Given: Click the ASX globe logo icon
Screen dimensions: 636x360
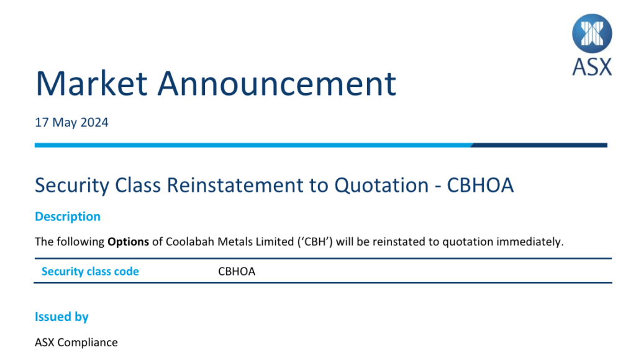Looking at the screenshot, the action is (592, 34).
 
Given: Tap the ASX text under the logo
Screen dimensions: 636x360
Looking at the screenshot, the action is (592, 67).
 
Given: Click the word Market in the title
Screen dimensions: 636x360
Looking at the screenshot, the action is (92, 84).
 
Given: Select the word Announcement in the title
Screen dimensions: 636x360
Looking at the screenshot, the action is (276, 84).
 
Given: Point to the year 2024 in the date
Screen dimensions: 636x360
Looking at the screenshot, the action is (94, 122).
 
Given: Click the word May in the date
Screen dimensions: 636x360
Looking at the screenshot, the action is (65, 123).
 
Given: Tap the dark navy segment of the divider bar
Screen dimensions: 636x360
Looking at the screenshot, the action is (539, 145).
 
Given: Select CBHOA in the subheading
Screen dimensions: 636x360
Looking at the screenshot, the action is (480, 185).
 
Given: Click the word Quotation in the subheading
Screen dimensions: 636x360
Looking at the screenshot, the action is (381, 185).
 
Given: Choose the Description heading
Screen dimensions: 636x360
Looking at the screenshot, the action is (68, 217).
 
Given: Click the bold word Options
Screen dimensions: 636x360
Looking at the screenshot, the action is (128, 242).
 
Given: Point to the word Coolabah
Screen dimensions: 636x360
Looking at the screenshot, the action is (190, 241).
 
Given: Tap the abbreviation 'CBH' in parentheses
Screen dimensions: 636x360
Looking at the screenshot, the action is (315, 241).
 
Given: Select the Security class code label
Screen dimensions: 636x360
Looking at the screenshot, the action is (90, 271).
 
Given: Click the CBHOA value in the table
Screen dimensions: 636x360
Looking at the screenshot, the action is (237, 271).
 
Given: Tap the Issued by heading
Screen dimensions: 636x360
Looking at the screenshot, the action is (61, 317).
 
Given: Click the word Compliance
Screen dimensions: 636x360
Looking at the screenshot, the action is (88, 343).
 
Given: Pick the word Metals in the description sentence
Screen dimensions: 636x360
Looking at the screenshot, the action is (235, 241).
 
